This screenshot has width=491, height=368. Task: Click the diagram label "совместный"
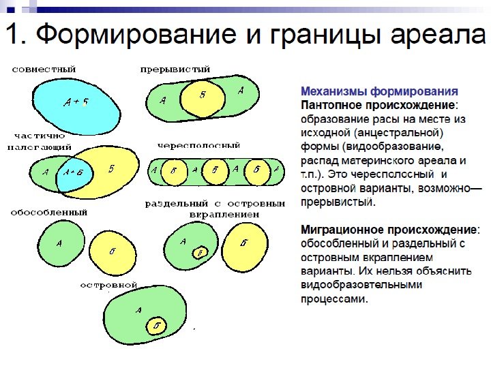click(44, 70)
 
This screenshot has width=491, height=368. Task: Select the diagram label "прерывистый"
click(175, 70)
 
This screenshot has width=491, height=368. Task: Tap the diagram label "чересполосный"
click(198, 145)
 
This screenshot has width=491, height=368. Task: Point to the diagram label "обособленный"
click(48, 212)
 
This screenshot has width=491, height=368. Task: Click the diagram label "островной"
click(109, 284)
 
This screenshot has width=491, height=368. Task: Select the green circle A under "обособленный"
click(59, 242)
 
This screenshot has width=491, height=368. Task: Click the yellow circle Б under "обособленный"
click(113, 251)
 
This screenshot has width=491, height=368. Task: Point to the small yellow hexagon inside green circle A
click(200, 253)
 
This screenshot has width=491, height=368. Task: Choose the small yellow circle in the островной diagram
click(158, 326)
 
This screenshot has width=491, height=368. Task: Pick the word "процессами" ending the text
click(334, 298)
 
